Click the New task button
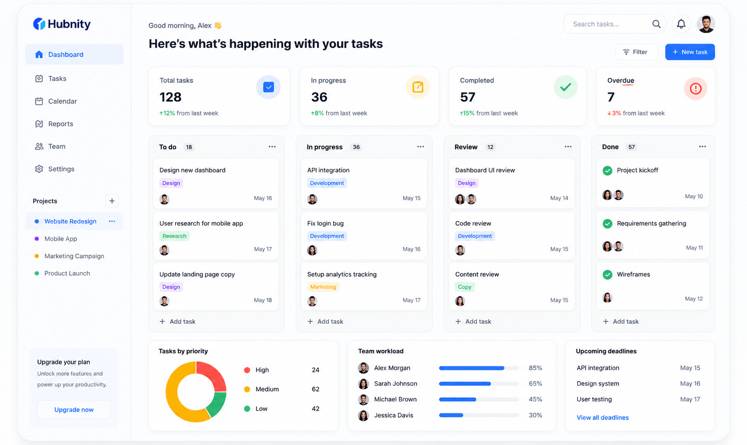click(x=690, y=52)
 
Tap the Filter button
click(x=636, y=52)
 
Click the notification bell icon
click(x=681, y=24)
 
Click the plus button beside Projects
click(x=112, y=201)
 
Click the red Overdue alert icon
click(x=696, y=88)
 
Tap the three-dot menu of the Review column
click(x=568, y=147)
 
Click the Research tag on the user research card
click(x=174, y=236)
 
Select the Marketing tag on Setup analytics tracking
click(x=323, y=287)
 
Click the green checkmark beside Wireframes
click(x=608, y=274)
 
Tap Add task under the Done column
click(x=621, y=322)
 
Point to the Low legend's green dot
click(x=247, y=409)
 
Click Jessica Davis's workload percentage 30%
click(x=535, y=415)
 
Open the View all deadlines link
click(x=603, y=417)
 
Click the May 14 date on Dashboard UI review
click(x=559, y=198)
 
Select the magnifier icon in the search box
click(x=656, y=24)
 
